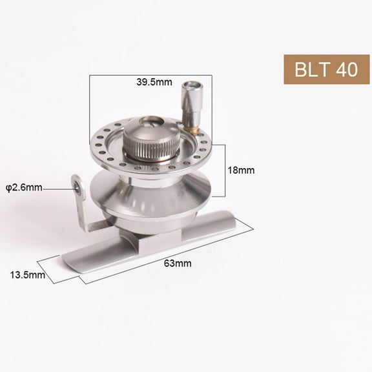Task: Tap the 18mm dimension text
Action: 242,170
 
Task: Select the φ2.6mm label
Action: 25,188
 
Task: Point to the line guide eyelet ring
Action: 78,187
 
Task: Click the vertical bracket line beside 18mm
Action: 224,170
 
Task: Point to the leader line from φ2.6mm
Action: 59,188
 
